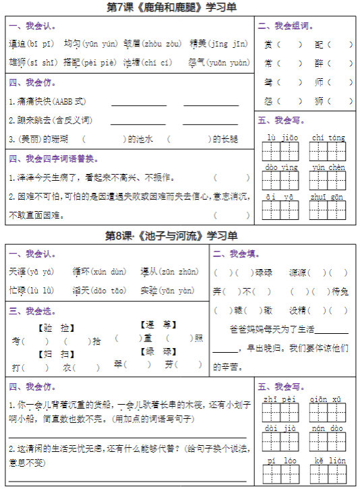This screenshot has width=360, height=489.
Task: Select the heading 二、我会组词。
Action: (x=286, y=26)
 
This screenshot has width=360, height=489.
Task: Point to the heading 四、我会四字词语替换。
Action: (x=53, y=159)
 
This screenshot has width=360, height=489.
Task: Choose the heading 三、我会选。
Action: (x=32, y=311)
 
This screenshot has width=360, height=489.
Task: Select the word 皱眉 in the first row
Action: (x=132, y=45)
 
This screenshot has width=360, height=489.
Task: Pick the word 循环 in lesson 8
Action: (x=81, y=272)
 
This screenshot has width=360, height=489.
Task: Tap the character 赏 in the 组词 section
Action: (x=268, y=45)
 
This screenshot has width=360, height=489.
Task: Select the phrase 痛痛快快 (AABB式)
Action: (x=31, y=101)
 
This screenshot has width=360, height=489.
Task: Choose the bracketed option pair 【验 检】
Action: (x=54, y=328)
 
